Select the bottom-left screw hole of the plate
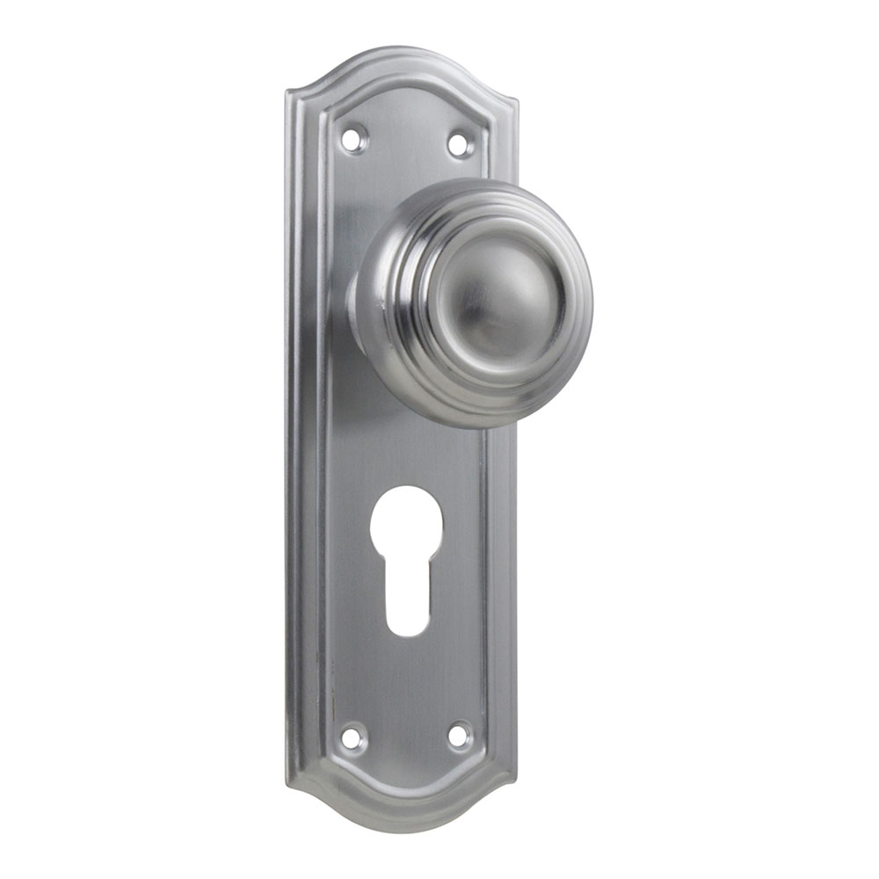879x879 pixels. coord(352,737)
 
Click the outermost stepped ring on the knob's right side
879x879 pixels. coord(586,303)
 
